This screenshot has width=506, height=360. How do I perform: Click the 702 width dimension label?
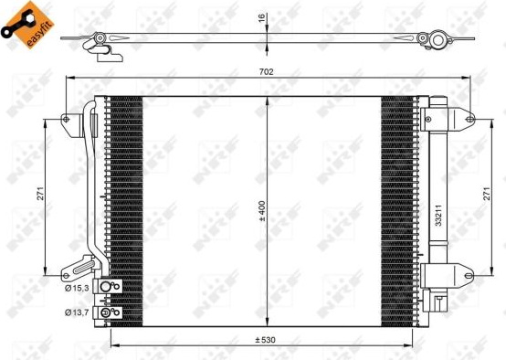click(266, 71)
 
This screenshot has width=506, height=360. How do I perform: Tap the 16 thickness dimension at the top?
click(262, 17)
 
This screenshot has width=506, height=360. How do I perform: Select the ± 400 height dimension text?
click(262, 211)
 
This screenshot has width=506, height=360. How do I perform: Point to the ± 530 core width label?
click(265, 340)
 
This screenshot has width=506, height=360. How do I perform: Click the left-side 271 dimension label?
click(40, 194)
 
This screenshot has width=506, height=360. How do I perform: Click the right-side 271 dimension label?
click(487, 194)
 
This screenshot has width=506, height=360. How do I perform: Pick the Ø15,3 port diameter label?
click(77, 288)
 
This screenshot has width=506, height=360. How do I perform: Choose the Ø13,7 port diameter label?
click(77, 312)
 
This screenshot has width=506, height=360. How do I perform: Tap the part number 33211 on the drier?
click(438, 216)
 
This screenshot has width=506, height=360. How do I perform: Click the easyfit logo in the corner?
click(27, 25)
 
